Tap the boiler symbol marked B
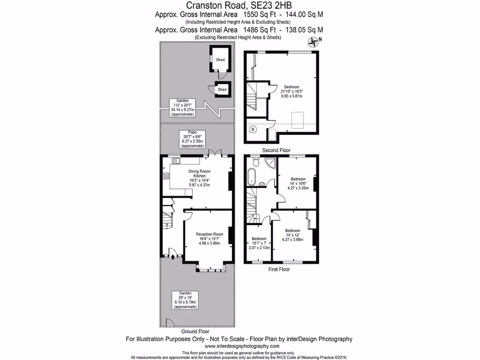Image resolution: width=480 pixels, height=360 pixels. point(253,129)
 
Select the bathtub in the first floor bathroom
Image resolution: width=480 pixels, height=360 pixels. point(253,178)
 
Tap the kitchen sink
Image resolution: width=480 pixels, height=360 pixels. point(177,161)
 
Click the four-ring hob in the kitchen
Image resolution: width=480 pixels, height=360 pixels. point(166,176)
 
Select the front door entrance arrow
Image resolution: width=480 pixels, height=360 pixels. point(173,256)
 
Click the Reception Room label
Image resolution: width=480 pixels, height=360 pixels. point(209,234)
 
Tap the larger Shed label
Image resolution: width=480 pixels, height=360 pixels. point(220,60)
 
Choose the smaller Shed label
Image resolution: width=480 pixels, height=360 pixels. point(222,90)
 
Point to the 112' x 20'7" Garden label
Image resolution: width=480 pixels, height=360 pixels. point(183,107)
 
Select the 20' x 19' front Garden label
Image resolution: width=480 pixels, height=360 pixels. point(185,300)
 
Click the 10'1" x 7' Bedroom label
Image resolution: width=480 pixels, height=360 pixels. point(259,243)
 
